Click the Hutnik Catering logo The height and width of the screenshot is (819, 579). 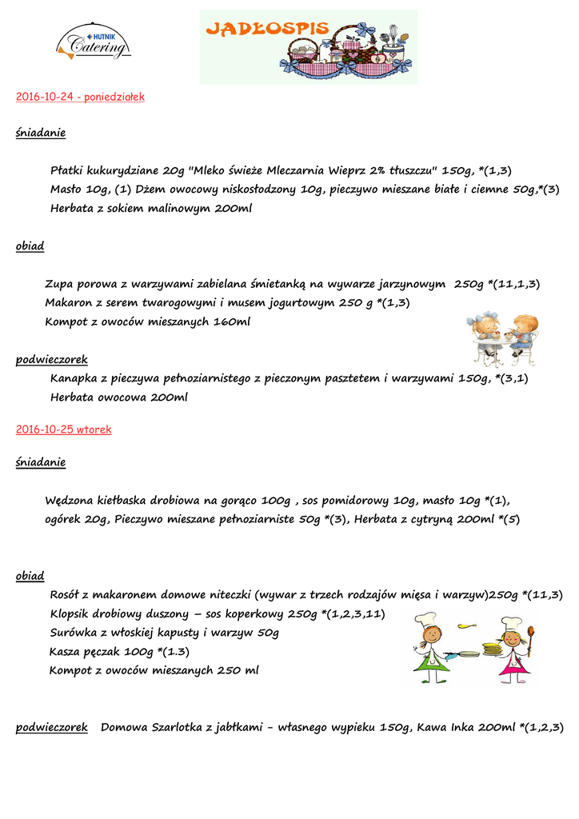pyautogui.click(x=94, y=42)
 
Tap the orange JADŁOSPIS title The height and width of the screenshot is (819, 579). pyautogui.click(x=267, y=30)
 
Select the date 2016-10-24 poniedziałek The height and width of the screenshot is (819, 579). pyautogui.click(x=80, y=97)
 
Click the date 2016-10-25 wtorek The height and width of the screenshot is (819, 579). pyautogui.click(x=64, y=429)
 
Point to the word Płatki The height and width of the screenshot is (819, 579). pyautogui.click(x=67, y=170)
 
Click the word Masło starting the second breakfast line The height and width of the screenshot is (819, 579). pyautogui.click(x=66, y=190)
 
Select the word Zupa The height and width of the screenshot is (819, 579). pyautogui.click(x=59, y=284)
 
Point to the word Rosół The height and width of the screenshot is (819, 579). pyautogui.click(x=67, y=595)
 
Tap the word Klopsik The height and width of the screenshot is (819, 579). pyautogui.click(x=74, y=614)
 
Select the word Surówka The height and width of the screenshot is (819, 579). pyautogui.click(x=74, y=633)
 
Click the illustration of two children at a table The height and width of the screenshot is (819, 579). pyautogui.click(x=503, y=339)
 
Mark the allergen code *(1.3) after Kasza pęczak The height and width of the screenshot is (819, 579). pyautogui.click(x=173, y=652)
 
